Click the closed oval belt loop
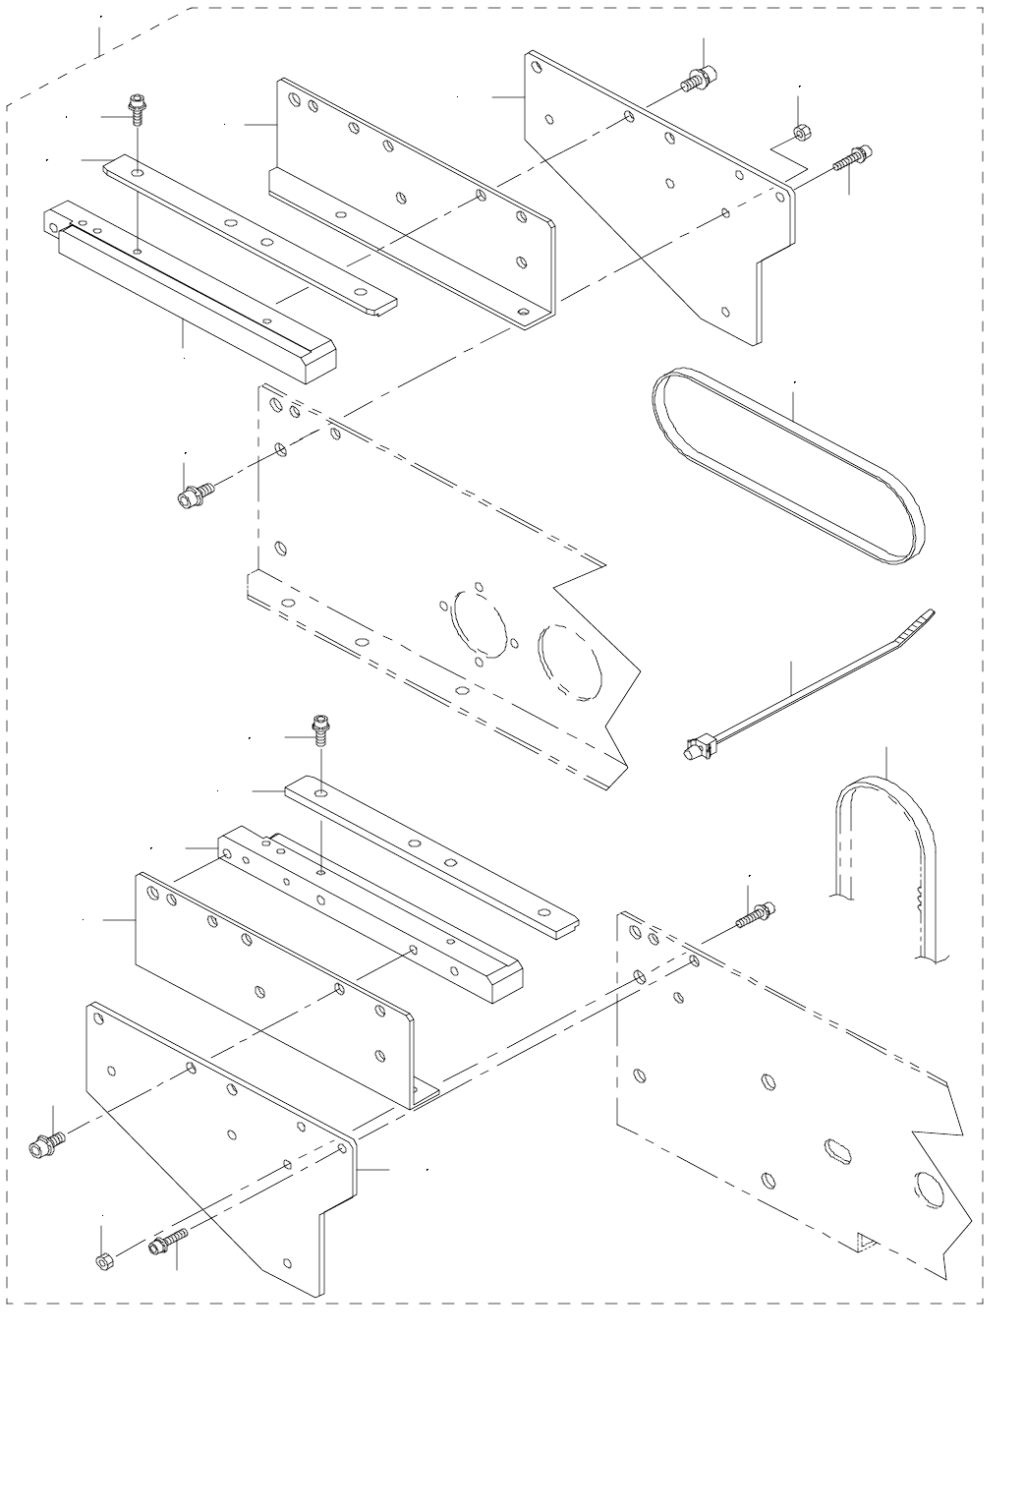coord(786,467)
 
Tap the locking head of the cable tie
coord(696,750)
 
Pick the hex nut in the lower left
coord(105,1261)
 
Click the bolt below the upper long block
coord(194,494)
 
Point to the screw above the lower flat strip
coord(319,729)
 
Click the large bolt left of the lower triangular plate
coord(48,1143)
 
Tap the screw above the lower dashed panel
coord(755,915)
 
